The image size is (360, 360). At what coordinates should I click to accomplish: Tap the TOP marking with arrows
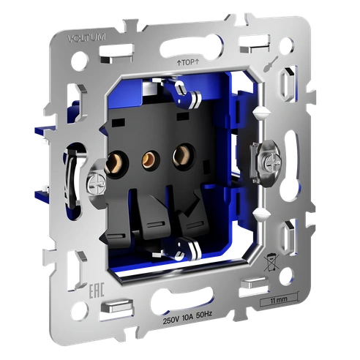click(187, 64)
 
